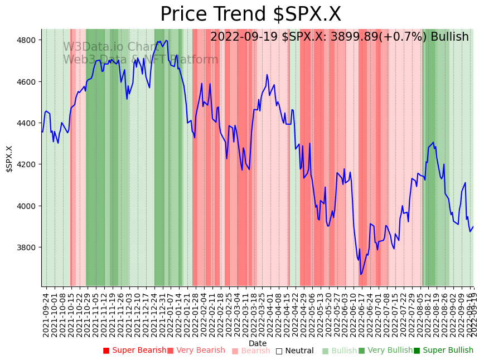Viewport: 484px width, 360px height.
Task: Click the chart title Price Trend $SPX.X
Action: pyautogui.click(x=250, y=14)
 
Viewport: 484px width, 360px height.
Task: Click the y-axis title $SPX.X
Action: pyautogui.click(x=9, y=159)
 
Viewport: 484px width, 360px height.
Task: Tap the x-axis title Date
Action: pyautogui.click(x=258, y=343)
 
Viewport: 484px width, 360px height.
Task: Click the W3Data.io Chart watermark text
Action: pyautogui.click(x=110, y=47)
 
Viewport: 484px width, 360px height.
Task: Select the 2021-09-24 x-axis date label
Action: pyautogui.click(x=46, y=315)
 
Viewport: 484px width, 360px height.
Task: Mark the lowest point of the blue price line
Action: pyautogui.click(x=361, y=274)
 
